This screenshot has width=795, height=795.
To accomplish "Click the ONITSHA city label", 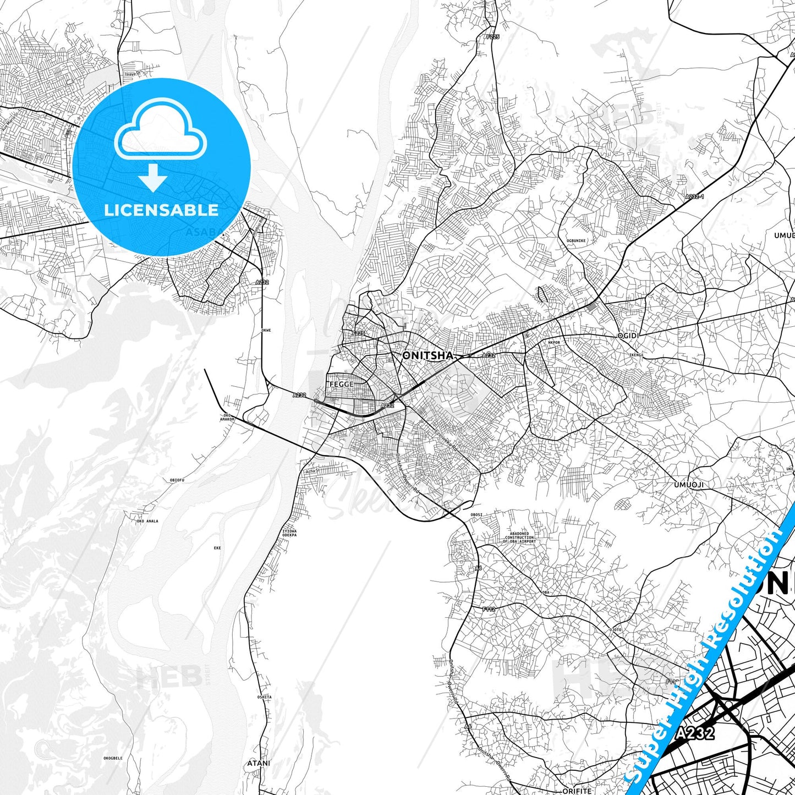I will tap(428, 355).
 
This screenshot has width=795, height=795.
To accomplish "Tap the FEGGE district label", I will tap(341, 384).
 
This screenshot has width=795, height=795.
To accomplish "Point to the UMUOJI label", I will tap(688, 485).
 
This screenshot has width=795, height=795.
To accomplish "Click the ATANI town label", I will tap(259, 763).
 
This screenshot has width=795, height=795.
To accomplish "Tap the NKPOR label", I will tap(553, 342).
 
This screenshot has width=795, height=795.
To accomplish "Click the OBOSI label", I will tap(476, 514).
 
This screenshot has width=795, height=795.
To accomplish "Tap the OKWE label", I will tap(266, 330).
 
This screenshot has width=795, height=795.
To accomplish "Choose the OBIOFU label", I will tap(177, 480).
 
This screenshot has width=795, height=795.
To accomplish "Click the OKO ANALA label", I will tap(147, 521).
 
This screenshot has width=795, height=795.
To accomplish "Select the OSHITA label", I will tap(264, 697).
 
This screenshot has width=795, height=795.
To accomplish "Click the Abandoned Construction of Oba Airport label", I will tap(519, 537).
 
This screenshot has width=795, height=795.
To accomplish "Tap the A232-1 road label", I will tap(694, 196).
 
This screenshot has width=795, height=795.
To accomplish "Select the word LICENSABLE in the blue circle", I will tap(161, 210).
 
